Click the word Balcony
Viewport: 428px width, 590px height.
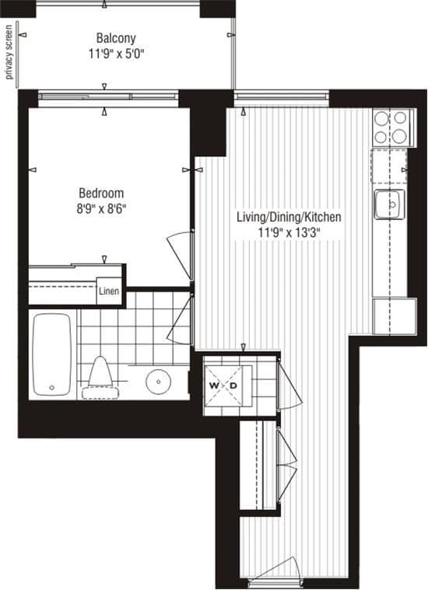coord(116,37)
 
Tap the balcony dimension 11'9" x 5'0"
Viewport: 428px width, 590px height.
coord(116,54)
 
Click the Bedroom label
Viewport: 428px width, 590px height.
coord(101,193)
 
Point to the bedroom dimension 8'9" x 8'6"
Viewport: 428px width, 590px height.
coord(101,208)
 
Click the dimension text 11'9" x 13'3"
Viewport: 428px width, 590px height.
coord(289,232)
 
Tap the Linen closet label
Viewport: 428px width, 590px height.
coord(109,293)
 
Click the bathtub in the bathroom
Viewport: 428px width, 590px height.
coord(53,354)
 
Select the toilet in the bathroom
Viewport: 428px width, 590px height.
coord(99,373)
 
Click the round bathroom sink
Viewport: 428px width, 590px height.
coord(160,381)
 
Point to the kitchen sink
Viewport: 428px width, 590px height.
coord(388,204)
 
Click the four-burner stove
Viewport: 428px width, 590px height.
coord(391,127)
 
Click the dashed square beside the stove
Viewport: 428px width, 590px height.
coord(388,164)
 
